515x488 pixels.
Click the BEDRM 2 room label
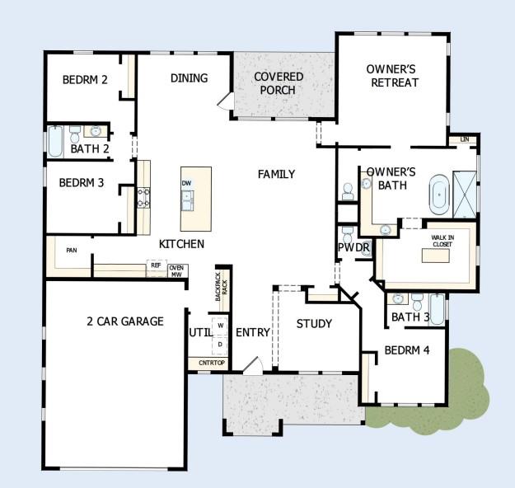pos(85,79)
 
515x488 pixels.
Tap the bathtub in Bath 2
pos(55,141)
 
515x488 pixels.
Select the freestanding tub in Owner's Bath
pos(439,195)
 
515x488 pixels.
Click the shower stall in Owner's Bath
pos(465,195)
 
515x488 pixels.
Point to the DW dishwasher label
pos(186,183)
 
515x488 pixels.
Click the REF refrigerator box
pos(156,265)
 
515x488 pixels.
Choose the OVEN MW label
pos(176,271)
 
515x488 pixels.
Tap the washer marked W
pos(220,326)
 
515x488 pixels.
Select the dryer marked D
pos(220,345)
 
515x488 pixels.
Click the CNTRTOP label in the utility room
pos(212,363)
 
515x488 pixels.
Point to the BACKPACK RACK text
pos(222,287)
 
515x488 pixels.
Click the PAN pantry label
pos(72,251)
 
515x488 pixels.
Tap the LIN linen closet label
pos(465,139)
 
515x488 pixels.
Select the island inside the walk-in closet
pos(436,256)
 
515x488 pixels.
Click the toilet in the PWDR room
pos(348,234)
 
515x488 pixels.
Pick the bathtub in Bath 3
pos(438,310)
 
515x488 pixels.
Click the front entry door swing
pos(253,366)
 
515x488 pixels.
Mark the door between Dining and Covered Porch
pos(226,101)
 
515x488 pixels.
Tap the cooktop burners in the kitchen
pos(143,198)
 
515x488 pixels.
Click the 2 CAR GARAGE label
pos(125,321)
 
